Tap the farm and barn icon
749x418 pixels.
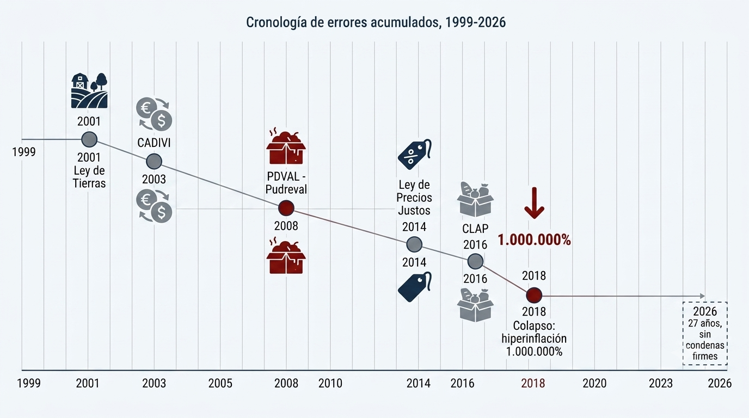(89, 91)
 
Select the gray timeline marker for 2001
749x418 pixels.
(89, 139)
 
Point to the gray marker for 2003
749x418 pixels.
(154, 162)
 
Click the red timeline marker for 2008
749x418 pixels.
(286, 208)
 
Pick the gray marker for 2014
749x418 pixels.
(414, 244)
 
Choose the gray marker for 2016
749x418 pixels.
(475, 261)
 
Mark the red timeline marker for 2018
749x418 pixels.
(534, 296)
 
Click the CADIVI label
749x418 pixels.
(154, 143)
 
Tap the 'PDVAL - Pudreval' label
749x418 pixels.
(286, 182)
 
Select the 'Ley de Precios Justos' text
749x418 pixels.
(414, 197)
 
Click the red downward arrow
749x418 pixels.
(535, 203)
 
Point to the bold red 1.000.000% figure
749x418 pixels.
(535, 240)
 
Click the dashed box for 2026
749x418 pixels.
(705, 334)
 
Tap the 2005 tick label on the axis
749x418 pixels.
(220, 383)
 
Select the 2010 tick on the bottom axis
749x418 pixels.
(330, 383)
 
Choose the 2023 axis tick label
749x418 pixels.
(661, 383)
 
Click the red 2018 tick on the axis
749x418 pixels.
(533, 383)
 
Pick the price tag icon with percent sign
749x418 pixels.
(415, 154)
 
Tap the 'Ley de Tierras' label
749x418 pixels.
(89, 177)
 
